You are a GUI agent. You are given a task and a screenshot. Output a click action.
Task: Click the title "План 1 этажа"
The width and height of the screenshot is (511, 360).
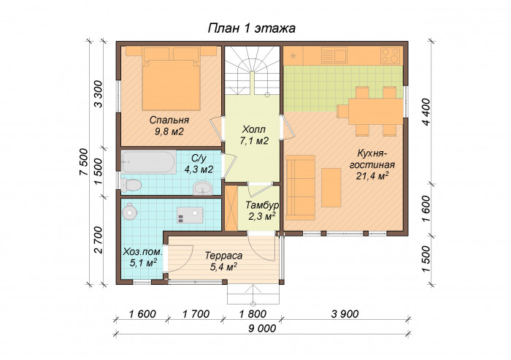pos(252,28)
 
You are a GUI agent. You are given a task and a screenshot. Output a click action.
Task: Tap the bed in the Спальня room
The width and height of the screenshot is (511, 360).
pos(171,79)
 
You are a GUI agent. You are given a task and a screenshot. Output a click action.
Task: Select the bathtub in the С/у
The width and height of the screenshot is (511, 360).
pos(149,161)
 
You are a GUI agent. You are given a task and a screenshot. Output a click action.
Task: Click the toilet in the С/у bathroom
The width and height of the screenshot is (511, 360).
pos(131,185)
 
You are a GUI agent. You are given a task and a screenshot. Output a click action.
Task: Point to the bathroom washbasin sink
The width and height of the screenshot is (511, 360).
pos(202,188)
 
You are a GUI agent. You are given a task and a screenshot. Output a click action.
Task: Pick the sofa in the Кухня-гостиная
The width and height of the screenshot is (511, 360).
pos(301,188)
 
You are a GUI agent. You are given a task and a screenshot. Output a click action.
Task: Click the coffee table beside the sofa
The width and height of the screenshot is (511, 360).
pos(331,188)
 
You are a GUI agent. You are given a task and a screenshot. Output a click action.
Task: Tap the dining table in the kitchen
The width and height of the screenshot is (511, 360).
pos(376,111)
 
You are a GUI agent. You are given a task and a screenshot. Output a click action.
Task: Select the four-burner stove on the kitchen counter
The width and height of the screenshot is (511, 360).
pos(391,55)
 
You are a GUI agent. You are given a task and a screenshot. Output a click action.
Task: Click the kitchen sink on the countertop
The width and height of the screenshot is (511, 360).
pos(334,55)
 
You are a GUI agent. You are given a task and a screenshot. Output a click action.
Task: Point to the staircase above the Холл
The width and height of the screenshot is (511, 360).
pos(253,70)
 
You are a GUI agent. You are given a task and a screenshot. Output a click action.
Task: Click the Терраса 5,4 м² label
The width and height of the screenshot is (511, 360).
pos(223,261)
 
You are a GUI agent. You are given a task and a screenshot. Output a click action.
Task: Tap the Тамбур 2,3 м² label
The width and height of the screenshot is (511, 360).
pos(262,211)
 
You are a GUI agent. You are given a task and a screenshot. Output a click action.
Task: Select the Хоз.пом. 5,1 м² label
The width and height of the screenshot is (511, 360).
pos(143,257)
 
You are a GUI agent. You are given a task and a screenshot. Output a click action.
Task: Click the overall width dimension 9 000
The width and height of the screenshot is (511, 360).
pos(262,328)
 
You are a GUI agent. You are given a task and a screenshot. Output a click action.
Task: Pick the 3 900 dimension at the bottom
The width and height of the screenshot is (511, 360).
pos(345,314)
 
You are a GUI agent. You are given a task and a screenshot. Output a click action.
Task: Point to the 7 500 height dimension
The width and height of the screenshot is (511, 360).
pos(83,162)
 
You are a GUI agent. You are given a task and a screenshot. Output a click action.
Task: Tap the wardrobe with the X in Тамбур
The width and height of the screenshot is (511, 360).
pos(231,208)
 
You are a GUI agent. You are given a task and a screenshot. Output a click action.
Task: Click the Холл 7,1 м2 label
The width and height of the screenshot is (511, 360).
pos(254,135)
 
